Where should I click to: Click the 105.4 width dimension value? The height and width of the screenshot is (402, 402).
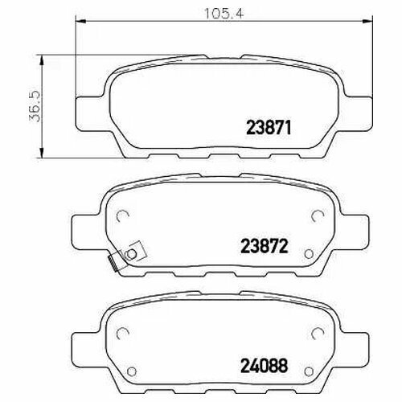click(224, 14)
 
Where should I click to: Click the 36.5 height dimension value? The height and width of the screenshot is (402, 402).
click(35, 106)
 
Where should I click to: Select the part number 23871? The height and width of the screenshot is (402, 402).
click(269, 127)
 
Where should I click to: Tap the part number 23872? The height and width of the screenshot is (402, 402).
click(265, 246)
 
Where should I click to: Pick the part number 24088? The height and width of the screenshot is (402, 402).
click(265, 366)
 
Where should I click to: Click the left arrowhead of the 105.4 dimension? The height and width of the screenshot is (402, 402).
click(80, 21)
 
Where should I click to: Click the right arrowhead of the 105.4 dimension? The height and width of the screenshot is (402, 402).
click(367, 21)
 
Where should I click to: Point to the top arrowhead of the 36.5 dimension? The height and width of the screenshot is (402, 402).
click(41, 60)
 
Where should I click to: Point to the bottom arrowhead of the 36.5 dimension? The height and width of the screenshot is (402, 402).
click(41, 153)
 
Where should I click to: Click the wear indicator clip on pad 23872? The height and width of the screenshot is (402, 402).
click(126, 256)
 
